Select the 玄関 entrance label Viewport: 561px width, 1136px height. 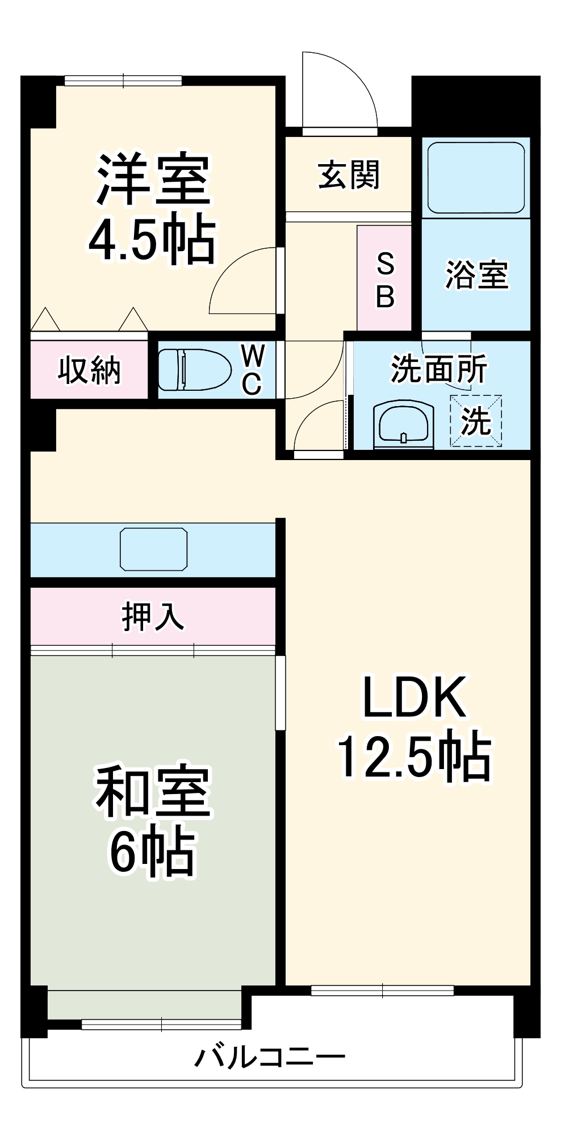[349, 175]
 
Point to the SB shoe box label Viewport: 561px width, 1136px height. [385, 279]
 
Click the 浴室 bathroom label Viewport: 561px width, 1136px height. [476, 275]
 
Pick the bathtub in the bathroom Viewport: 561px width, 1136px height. [476, 178]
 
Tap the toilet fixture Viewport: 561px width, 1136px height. [193, 370]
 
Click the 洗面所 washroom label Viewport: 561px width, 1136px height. [439, 369]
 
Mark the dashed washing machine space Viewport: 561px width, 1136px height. [476, 421]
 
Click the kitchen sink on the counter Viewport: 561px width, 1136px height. [153, 549]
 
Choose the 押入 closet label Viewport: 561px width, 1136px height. [153, 617]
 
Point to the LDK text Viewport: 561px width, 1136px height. [415, 698]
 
